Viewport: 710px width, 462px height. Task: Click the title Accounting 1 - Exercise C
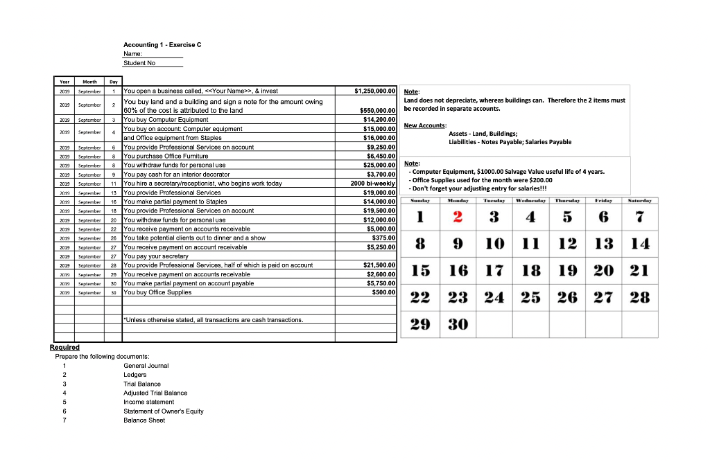[x=162, y=45]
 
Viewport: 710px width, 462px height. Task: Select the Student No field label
[x=139, y=63]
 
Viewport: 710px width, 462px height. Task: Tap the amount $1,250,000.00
[x=374, y=91]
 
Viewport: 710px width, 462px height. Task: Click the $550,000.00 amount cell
[x=374, y=110]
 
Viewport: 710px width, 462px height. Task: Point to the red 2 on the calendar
[x=458, y=217]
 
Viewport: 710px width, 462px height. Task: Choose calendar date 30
[x=458, y=323]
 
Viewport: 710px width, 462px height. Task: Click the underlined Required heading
[x=64, y=348]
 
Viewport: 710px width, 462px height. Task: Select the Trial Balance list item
[x=141, y=384]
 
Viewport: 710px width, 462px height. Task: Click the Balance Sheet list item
[x=144, y=420]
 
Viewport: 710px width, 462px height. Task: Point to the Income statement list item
[x=148, y=402]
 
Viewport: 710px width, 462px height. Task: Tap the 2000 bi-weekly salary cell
[x=373, y=183]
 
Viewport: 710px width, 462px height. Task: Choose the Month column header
[x=89, y=81]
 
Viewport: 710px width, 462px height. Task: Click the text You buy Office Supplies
[x=157, y=292]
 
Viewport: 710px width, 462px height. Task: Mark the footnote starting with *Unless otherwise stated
[x=213, y=320]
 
